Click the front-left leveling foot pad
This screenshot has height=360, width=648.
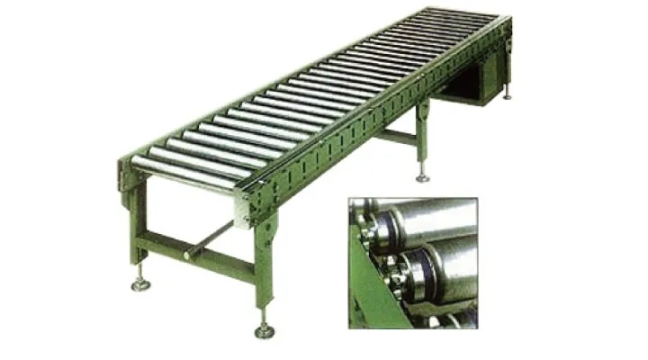point(141,286)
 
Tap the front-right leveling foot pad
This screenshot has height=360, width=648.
point(265,332)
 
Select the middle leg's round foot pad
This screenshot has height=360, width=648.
point(422,178)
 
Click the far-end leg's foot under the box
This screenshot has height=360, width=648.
point(508,96)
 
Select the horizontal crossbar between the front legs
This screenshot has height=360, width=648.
point(193,254)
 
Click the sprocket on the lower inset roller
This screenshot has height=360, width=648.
point(401,270)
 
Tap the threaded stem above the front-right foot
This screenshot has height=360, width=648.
point(265,317)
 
